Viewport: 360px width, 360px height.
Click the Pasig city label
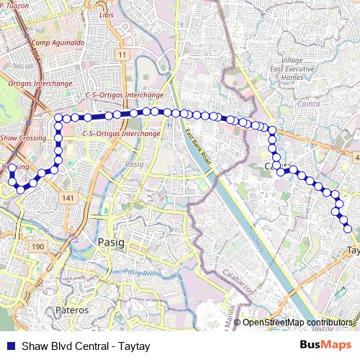[111, 242]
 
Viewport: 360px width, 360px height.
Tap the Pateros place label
[72, 310]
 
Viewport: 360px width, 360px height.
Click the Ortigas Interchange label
[40, 84]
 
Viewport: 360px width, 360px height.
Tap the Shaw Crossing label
[22, 136]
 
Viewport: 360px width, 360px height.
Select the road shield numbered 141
[69, 198]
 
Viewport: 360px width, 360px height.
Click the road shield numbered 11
[124, 55]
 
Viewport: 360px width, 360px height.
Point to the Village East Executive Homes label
[302, 68]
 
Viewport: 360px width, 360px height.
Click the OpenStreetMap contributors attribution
[297, 322]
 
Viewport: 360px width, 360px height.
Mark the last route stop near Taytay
[348, 229]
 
